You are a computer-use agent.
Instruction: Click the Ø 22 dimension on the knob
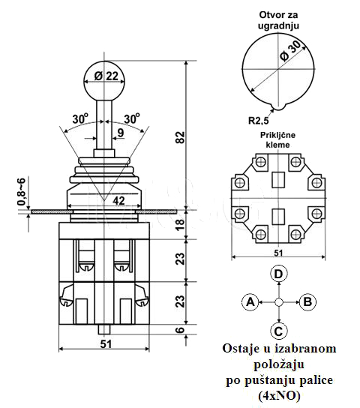[106, 76]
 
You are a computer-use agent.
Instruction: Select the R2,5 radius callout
[258, 121]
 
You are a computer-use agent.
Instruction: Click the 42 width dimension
[119, 200]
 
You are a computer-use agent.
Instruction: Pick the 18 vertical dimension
[180, 224]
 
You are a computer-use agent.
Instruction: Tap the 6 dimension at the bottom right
[180, 330]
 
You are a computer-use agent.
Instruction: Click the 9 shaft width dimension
[121, 133]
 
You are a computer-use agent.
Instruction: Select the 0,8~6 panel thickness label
[22, 191]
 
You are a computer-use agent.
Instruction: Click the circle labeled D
[278, 274]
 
